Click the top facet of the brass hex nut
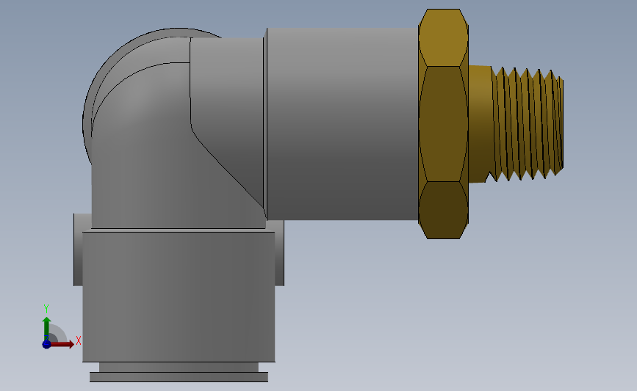(443, 37)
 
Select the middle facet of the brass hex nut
(443, 124)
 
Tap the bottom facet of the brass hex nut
(443, 210)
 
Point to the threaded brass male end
(527, 124)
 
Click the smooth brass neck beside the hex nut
(480, 124)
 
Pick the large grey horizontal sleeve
(342, 124)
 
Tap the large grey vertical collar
(179, 297)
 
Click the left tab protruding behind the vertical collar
(78, 249)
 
